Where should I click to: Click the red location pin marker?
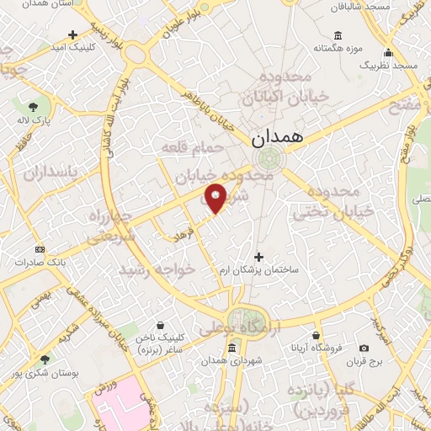(x=215, y=199)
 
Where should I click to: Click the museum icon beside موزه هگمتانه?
(x=338, y=35)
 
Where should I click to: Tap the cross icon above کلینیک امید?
(x=72, y=35)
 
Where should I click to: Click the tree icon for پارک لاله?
(x=33, y=107)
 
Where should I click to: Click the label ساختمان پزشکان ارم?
(x=260, y=269)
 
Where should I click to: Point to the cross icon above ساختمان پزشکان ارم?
(x=258, y=256)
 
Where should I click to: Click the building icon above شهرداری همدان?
(x=207, y=346)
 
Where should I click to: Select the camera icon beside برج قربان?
(x=364, y=348)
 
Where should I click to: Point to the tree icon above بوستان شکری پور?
(x=44, y=359)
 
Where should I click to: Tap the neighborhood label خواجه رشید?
(x=169, y=269)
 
